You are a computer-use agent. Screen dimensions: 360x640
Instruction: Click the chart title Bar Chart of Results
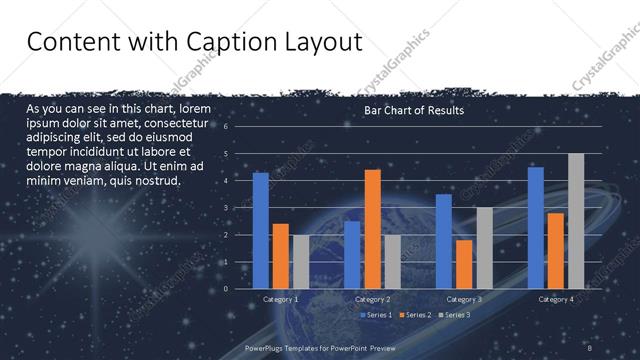(413, 110)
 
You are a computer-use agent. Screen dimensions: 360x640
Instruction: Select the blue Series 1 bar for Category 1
(261, 230)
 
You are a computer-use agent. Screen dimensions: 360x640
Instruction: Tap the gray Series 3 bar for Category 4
(576, 221)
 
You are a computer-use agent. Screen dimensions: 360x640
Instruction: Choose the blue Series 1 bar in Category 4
(536, 227)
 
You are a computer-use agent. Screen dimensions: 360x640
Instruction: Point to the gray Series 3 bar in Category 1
(301, 262)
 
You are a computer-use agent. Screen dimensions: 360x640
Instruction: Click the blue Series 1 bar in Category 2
(352, 255)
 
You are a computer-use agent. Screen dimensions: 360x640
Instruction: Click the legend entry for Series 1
(375, 315)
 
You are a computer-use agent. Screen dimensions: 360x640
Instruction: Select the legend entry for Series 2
(415, 315)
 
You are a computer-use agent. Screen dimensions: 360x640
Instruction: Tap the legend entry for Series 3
(455, 315)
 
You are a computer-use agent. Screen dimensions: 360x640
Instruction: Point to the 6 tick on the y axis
(226, 127)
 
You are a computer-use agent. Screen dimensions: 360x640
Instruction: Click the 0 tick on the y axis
(226, 289)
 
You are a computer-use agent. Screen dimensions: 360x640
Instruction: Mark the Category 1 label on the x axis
(280, 299)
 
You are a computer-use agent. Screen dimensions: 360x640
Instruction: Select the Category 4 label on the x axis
(556, 299)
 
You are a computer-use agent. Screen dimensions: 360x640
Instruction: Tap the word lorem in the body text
(197, 108)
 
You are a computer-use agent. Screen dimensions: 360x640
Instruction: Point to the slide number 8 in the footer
(590, 347)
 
